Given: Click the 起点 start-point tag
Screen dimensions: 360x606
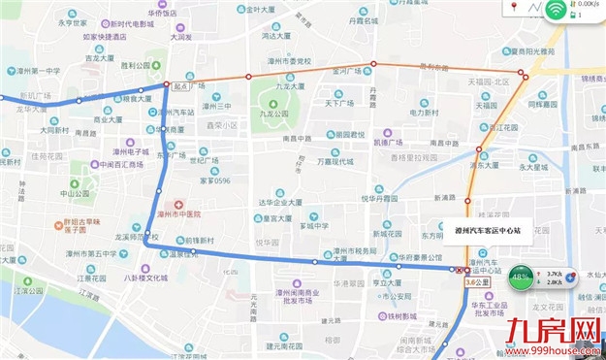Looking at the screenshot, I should point(179,85).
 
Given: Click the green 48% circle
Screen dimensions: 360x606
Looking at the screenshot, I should point(520,277).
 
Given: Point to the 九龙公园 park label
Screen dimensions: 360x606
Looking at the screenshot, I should point(274,114).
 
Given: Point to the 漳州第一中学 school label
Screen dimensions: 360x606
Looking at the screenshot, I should point(33,71).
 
